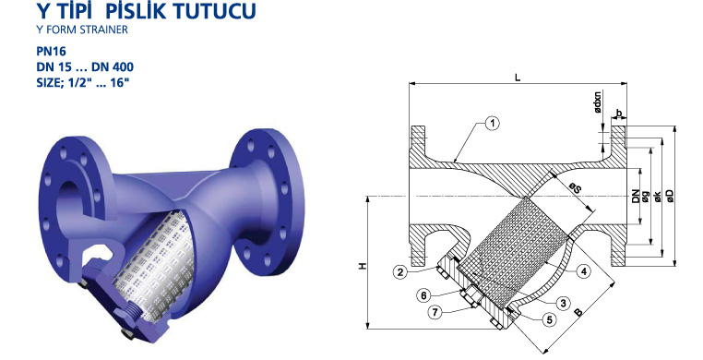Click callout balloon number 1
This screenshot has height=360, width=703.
tap(493, 123)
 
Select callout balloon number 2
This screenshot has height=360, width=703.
tap(400, 271)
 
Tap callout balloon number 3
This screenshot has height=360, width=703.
tap(564, 304)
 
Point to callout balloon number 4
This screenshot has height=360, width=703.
tap(583, 270)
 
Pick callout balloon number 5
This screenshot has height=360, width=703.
tap(549, 319)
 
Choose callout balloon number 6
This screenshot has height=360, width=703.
tap(423, 295)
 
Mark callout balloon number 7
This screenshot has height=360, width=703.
tap(435, 312)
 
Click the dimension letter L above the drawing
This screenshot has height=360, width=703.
tap(518, 78)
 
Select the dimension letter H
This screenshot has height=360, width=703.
tap(363, 266)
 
